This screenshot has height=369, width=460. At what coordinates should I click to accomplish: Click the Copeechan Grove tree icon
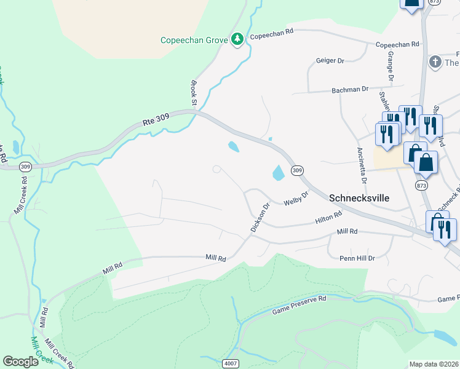click(x=237, y=39)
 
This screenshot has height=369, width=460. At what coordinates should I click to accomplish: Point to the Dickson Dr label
click(x=260, y=219)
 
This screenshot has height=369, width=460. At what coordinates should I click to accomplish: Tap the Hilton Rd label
click(x=328, y=218)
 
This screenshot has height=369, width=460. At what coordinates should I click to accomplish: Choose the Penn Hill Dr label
click(x=357, y=258)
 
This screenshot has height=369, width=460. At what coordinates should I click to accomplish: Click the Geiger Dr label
click(x=330, y=61)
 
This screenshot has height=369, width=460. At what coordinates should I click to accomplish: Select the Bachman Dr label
click(x=349, y=89)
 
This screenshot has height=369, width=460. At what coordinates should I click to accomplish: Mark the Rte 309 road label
click(x=156, y=122)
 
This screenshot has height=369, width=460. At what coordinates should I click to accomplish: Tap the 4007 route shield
click(x=231, y=363)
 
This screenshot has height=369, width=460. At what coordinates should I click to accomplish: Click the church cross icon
click(x=435, y=61)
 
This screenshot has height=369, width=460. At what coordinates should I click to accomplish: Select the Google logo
click(x=21, y=362)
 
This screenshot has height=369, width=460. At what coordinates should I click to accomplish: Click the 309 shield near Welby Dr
click(x=297, y=170)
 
